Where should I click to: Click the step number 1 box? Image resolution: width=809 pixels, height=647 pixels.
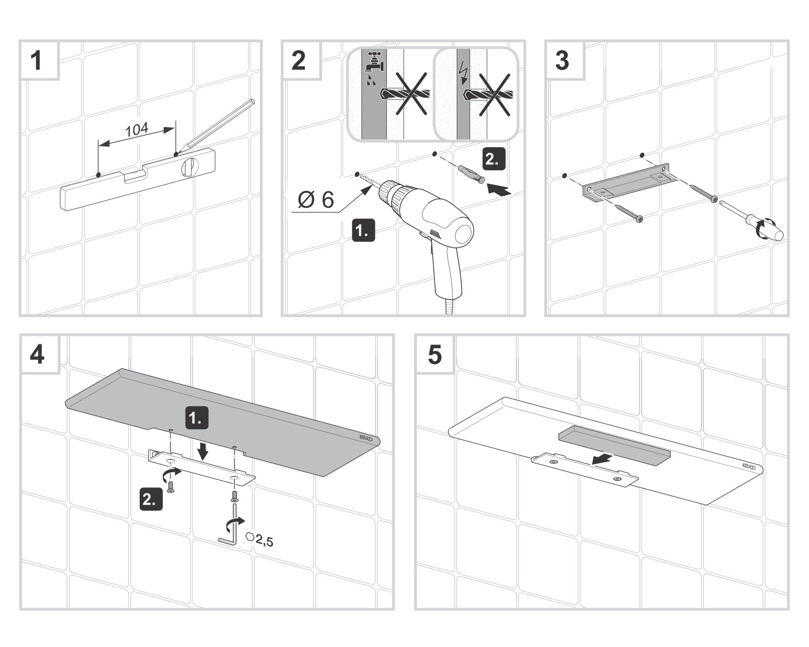[37, 60]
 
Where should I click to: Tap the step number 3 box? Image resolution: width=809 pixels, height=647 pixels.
[562, 60]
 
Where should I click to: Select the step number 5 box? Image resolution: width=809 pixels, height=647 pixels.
[434, 355]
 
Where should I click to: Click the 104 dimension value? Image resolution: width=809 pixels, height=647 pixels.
[137, 130]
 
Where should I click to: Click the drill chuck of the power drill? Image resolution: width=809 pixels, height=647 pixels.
[391, 196]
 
